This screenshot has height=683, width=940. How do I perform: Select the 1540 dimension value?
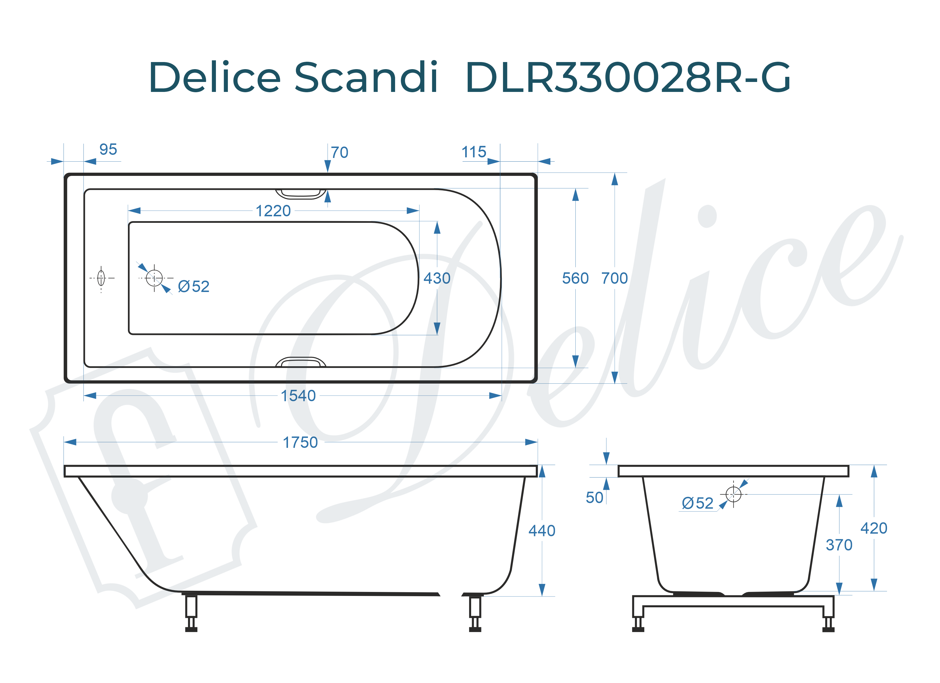(x=298, y=396)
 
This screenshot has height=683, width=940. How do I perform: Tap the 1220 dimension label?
(x=273, y=211)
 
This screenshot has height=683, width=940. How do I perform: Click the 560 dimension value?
(x=575, y=278)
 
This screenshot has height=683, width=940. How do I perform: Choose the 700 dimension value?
(x=614, y=278)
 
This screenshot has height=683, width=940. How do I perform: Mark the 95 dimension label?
(x=108, y=149)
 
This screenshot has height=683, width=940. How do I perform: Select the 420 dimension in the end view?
(x=874, y=528)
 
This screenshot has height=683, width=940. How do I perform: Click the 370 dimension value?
(x=839, y=545)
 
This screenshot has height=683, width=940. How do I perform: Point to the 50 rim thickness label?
(x=594, y=497)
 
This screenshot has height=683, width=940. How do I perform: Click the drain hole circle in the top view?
(x=154, y=278)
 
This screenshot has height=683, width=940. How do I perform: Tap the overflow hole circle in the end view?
(x=733, y=494)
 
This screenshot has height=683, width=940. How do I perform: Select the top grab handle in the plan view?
(x=301, y=194)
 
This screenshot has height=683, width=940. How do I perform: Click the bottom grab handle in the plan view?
(x=301, y=362)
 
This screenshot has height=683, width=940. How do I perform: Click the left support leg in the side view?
(x=191, y=612)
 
